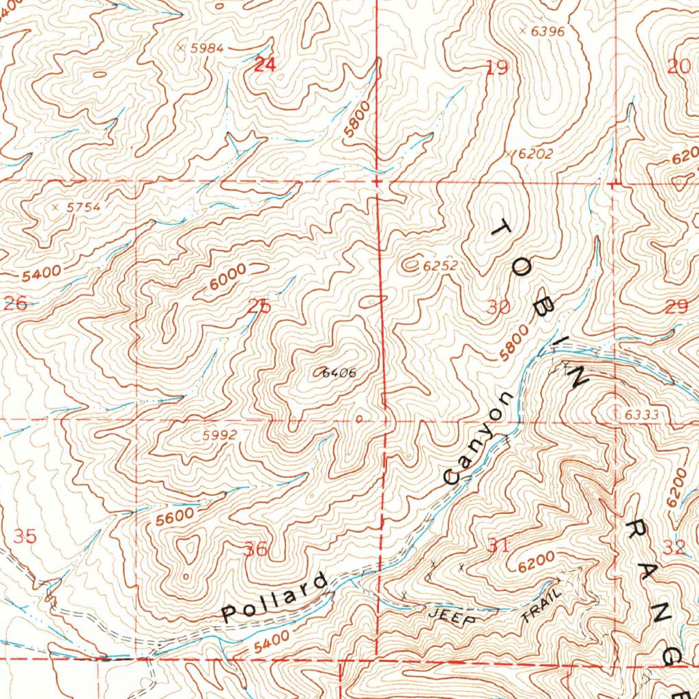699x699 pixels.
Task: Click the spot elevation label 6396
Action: [547, 31]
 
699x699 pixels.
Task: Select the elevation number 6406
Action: [339, 373]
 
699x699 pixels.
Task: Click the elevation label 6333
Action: [641, 414]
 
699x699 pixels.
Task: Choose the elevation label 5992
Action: [220, 435]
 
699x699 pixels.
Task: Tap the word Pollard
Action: [275, 598]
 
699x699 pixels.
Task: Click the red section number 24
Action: [265, 66]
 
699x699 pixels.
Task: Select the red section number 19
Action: [498, 68]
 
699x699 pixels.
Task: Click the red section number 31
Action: [498, 544]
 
